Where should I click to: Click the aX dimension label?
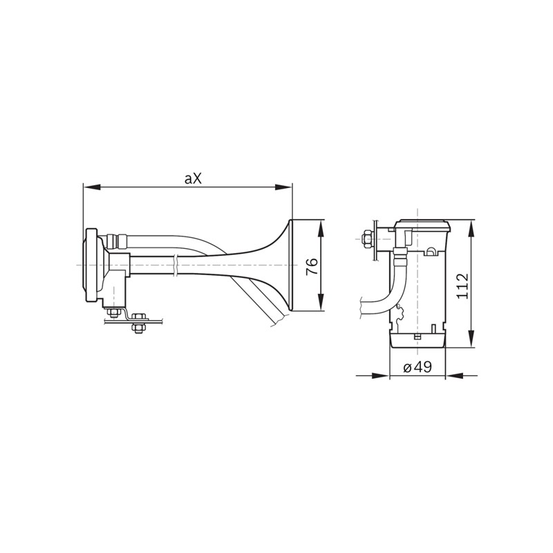[x=193, y=179]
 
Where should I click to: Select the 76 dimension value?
[x=312, y=267]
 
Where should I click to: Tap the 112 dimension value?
[x=462, y=285]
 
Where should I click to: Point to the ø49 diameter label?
[x=418, y=367]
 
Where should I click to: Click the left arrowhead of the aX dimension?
[x=92, y=187]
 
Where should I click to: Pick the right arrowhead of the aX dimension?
[x=283, y=187]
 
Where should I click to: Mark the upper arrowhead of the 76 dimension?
[x=321, y=229]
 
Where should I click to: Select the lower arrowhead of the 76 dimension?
[x=321, y=302]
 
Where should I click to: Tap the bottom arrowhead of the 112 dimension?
[x=472, y=339]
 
